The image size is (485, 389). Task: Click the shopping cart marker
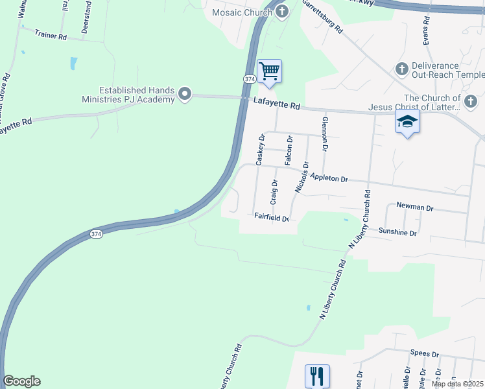(x=269, y=70)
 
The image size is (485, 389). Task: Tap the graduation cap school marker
(x=407, y=121)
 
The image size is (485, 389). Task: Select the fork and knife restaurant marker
(x=317, y=375)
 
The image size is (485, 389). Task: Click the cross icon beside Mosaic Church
(x=281, y=11)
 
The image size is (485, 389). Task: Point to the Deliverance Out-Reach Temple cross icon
(x=401, y=68)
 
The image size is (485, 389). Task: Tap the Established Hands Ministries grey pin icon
(x=185, y=95)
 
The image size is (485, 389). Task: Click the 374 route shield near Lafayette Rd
(x=250, y=78)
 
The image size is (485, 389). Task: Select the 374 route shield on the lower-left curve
(x=96, y=233)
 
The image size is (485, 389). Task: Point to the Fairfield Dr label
(x=271, y=218)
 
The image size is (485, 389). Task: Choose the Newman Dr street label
(x=415, y=207)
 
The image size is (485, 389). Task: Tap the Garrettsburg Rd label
(x=321, y=18)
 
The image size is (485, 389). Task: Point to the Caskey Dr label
(x=261, y=150)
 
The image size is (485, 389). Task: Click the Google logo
(x=21, y=381)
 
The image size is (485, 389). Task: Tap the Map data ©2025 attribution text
(x=457, y=384)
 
